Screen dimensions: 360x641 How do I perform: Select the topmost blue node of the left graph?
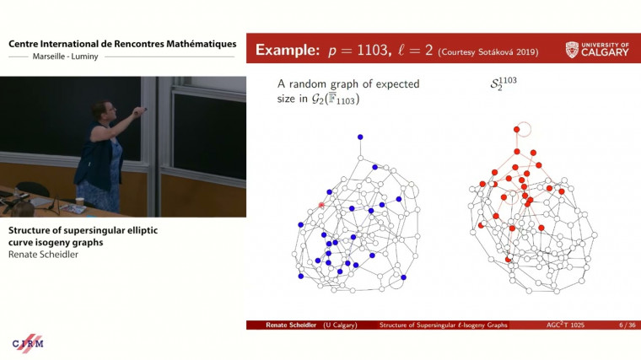point(360,137)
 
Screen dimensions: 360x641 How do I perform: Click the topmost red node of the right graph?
point(516,130)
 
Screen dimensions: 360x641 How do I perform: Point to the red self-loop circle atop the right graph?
point(525,129)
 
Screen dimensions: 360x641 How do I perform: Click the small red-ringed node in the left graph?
point(321,205)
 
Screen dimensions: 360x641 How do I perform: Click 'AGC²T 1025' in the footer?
point(565,325)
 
